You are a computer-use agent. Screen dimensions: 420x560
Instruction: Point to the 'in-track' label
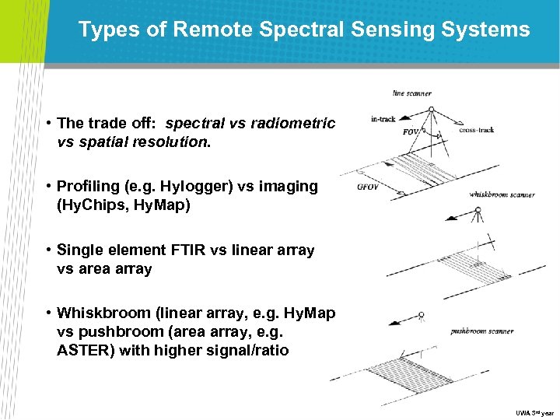point(383,119)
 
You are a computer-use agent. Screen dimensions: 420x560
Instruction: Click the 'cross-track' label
point(477,130)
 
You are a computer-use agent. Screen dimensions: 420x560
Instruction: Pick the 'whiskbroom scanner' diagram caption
point(502,194)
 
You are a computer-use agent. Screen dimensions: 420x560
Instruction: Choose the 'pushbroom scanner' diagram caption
point(482,331)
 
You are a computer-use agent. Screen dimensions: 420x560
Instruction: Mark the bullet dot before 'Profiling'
point(48,187)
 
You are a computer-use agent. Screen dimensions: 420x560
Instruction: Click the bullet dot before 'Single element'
point(48,250)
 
